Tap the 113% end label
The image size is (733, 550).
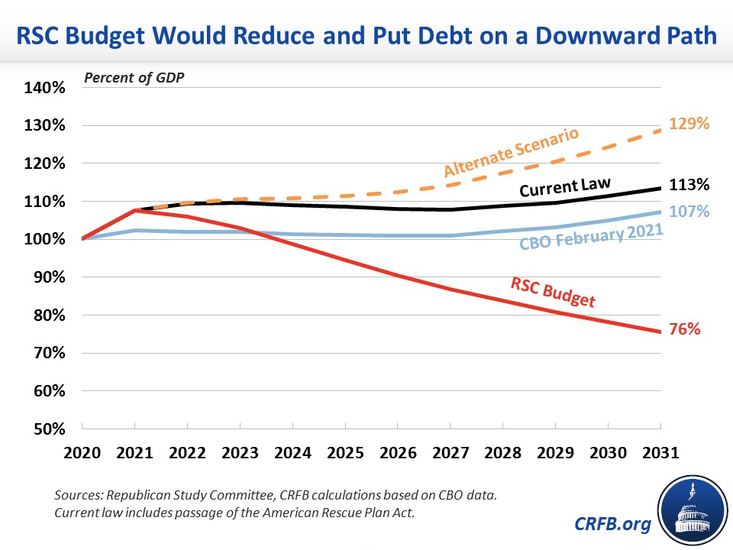pyautogui.click(x=690, y=185)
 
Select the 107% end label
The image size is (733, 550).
pyautogui.click(x=690, y=210)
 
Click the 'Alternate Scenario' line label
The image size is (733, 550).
pyautogui.click(x=511, y=152)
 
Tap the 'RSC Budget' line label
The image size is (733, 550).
pyautogui.click(x=553, y=293)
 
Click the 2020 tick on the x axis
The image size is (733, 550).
pyautogui.click(x=82, y=451)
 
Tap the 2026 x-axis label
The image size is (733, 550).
pyautogui.click(x=398, y=451)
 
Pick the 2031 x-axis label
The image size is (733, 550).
pyautogui.click(x=660, y=451)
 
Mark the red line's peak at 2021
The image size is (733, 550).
pyautogui.click(x=135, y=210)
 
